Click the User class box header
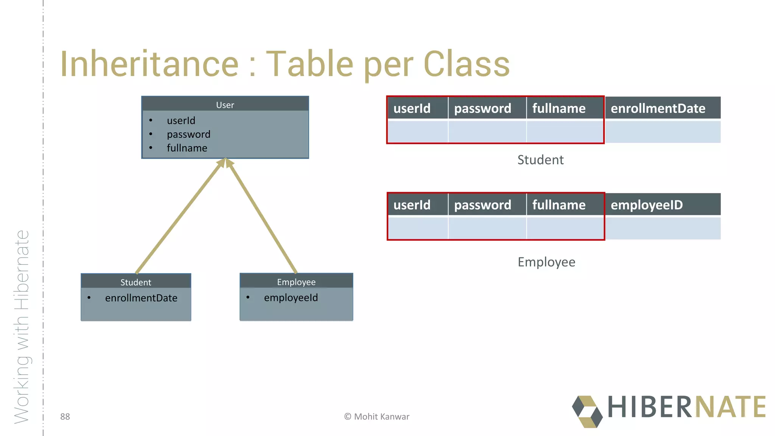tap(225, 105)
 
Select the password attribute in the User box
tap(188, 134)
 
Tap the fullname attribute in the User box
tap(187, 148)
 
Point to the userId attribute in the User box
tap(181, 121)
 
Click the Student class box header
tap(135, 282)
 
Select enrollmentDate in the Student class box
tap(141, 298)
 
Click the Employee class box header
tap(296, 282)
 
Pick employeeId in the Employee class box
tap(291, 298)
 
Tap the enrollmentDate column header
tap(658, 109)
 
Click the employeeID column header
tap(646, 205)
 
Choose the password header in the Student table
tap(482, 109)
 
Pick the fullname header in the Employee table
tap(559, 205)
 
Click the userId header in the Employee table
tap(412, 205)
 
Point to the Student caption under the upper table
tap(540, 160)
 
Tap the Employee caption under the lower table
tap(546, 262)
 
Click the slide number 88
tap(65, 417)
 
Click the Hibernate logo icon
tap(587, 412)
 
